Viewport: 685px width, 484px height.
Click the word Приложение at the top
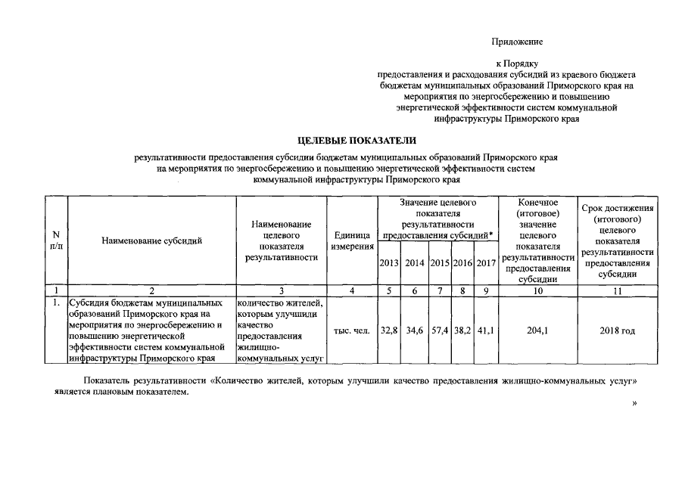pos(517,41)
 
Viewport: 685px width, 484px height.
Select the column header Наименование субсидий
pos(152,240)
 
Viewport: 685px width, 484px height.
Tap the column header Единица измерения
pos(351,240)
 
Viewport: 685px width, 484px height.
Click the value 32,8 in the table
pos(389,330)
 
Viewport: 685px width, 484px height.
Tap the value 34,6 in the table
pos(414,330)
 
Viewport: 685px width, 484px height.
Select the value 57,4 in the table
pos(440,330)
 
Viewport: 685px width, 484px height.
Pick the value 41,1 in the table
pos(486,330)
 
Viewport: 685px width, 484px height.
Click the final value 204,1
pos(538,330)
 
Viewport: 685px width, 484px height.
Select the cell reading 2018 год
pos(617,330)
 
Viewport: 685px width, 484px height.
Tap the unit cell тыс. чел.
pos(351,330)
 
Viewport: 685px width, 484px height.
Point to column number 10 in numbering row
pos(538,290)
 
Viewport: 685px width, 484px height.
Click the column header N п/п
pos(56,240)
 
